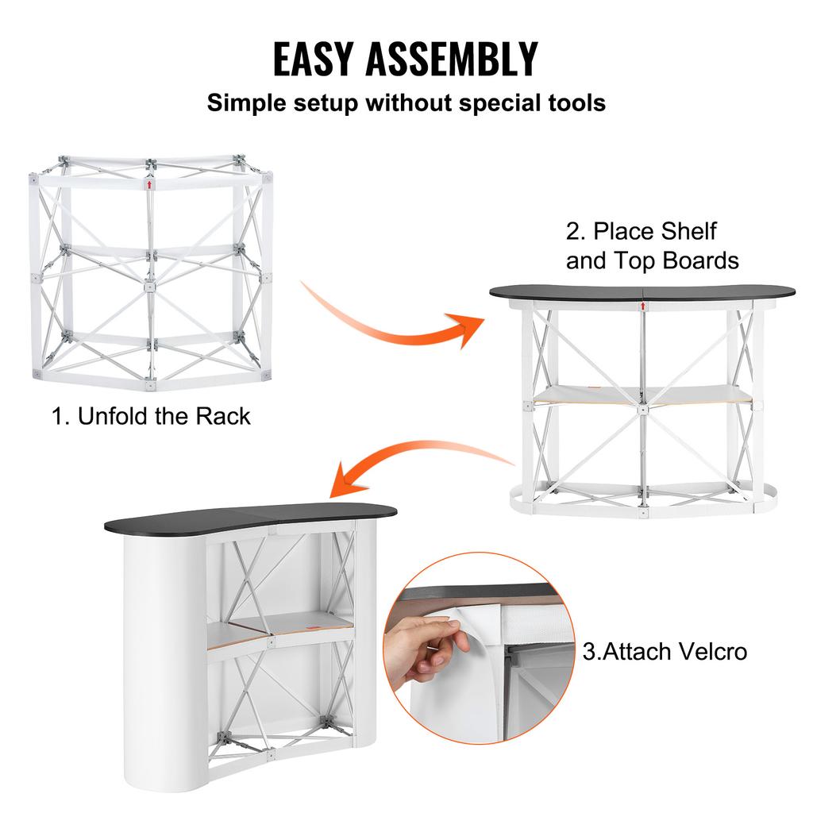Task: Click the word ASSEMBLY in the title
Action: pyautogui.click(x=461, y=59)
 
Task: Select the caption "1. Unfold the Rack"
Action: pyautogui.click(x=151, y=416)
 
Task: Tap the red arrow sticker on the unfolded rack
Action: pyautogui.click(x=149, y=185)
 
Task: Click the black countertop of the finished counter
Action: pyautogui.click(x=262, y=518)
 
